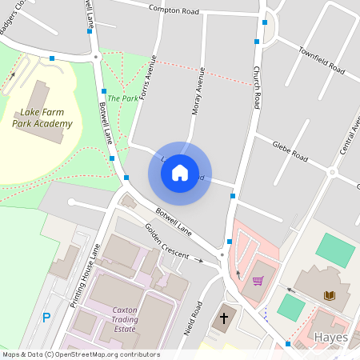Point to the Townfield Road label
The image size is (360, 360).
(321, 61)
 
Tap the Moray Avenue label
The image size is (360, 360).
(198, 90)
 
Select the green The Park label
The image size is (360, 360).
(122, 98)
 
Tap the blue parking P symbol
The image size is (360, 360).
(46, 318)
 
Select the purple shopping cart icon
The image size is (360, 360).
(258, 281)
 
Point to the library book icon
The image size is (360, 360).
(329, 295)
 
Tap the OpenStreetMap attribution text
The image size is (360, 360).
(81, 354)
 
